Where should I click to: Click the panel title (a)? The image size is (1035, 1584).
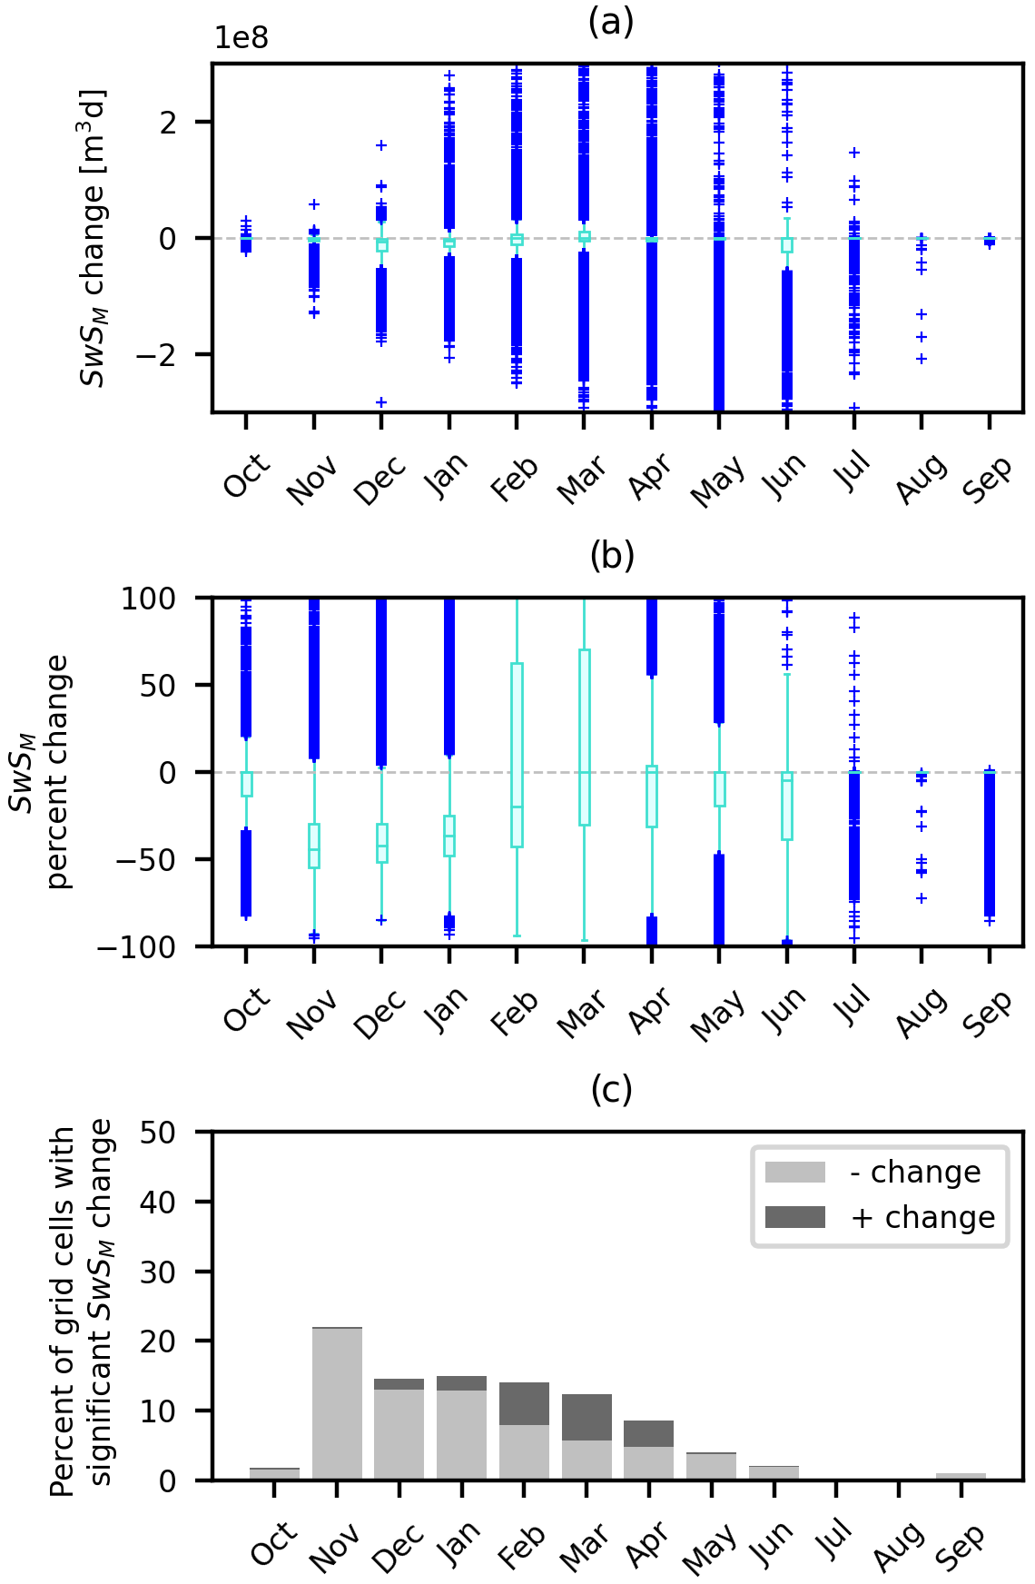point(611,21)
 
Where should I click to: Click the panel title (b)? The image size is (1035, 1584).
point(611,555)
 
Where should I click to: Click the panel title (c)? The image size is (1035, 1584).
point(611,1089)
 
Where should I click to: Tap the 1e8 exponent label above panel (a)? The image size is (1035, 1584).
point(241,38)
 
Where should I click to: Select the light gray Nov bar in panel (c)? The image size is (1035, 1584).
point(337,1404)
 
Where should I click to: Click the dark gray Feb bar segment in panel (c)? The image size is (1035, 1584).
point(524,1404)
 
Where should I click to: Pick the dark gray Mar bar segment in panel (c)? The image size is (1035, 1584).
point(586,1418)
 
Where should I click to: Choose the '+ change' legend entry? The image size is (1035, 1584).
point(880,1217)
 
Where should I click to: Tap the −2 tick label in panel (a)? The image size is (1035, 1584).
point(156,355)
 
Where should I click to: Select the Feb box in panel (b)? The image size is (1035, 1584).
point(517,756)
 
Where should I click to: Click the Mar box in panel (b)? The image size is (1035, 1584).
point(585,738)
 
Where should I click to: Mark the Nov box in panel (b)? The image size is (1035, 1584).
point(314,846)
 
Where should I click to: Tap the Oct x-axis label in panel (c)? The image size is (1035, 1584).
point(273,1544)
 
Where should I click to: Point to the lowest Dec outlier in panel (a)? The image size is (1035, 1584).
point(381,402)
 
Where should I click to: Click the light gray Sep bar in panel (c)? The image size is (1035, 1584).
point(961,1477)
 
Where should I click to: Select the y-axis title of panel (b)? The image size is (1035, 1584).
point(41,772)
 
